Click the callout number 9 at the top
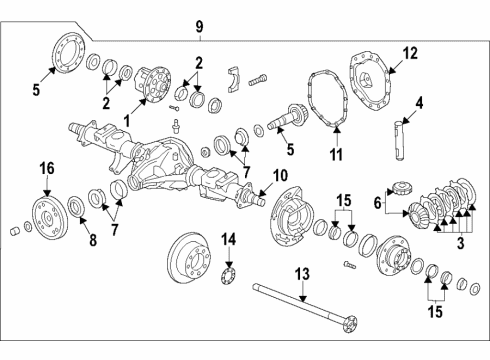tap(199, 25)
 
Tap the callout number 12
tap(410, 53)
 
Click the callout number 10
tap(281, 174)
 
